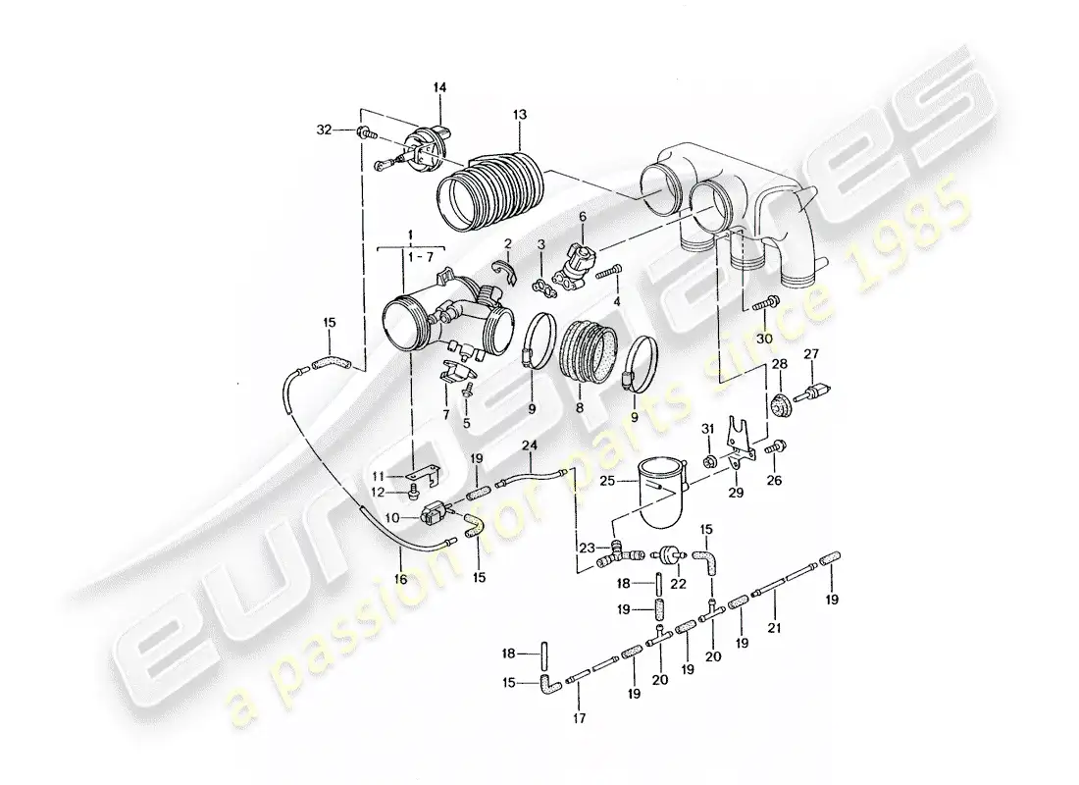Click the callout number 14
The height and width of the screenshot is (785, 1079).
(x=439, y=87)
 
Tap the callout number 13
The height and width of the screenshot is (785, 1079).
(x=520, y=114)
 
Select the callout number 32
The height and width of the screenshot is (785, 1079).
(x=324, y=130)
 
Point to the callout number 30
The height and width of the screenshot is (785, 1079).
(x=764, y=339)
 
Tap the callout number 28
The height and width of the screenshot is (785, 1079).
(x=779, y=364)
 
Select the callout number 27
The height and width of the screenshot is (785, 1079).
(x=812, y=354)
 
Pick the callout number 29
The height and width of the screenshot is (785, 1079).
(x=736, y=493)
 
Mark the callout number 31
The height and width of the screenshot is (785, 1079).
(x=708, y=430)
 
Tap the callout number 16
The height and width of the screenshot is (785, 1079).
(x=400, y=579)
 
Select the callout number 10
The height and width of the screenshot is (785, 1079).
(x=392, y=517)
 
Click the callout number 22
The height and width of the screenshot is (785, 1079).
(x=679, y=584)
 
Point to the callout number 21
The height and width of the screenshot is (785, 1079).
(x=775, y=627)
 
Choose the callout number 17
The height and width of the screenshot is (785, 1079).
(x=580, y=718)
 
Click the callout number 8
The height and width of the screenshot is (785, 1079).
(x=580, y=408)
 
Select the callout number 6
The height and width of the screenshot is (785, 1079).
(x=582, y=216)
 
